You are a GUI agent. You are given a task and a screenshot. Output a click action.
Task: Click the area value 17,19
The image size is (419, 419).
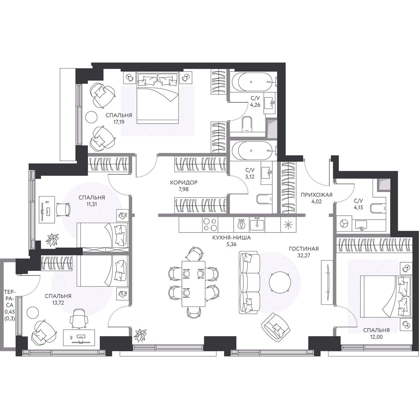tap(119, 122)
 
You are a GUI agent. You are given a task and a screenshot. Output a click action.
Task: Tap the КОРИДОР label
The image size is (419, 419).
tap(184, 183)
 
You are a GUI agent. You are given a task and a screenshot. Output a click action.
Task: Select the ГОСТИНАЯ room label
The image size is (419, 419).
tap(304, 249)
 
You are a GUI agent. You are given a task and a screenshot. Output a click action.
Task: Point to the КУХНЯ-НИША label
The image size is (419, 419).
tap(231, 238)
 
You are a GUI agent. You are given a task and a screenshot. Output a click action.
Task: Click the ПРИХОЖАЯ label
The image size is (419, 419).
tap(317, 195)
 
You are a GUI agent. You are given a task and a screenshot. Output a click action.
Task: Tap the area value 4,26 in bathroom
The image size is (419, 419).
tap(255, 105)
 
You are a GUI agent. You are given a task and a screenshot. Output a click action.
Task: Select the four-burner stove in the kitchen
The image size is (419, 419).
tap(210, 225)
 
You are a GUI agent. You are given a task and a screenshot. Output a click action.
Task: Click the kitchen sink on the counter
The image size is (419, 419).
tap(257, 225)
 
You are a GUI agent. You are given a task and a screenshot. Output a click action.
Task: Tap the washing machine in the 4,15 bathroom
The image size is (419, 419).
tap(344, 223)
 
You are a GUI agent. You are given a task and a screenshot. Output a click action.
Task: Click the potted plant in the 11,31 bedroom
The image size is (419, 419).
tap(52, 238)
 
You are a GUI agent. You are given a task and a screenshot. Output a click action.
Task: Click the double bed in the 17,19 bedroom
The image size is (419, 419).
tap(157, 98)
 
